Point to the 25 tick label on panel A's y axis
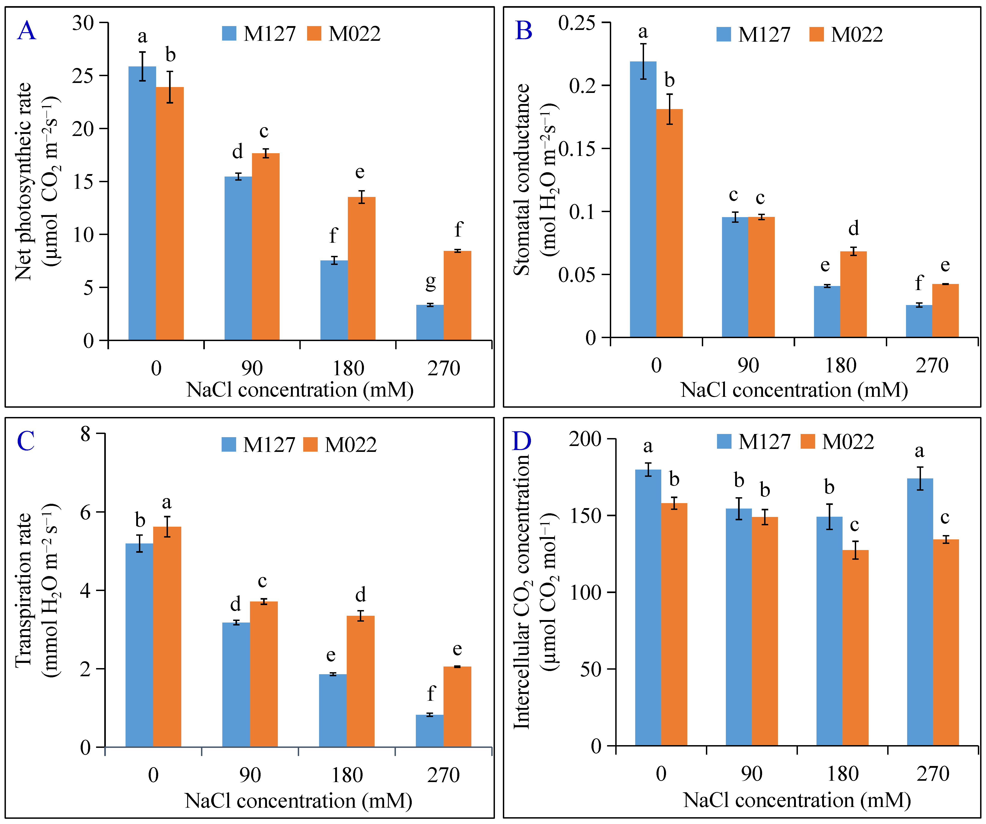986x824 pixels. click(x=83, y=76)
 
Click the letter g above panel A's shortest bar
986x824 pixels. click(x=430, y=282)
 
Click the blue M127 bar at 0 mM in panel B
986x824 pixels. click(x=643, y=200)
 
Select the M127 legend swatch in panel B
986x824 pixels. click(x=724, y=34)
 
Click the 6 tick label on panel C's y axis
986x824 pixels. click(x=85, y=512)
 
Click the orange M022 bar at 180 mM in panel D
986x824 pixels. click(x=855, y=648)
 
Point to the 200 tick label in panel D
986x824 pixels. click(x=585, y=439)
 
